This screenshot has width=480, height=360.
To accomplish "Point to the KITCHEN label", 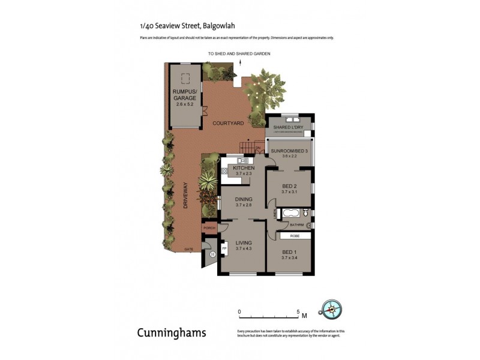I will [x=244, y=168].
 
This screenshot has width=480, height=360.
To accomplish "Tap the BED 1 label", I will [x=289, y=251].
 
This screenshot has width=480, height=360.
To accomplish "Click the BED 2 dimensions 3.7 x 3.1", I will [x=289, y=192].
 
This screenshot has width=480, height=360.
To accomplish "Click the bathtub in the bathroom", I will [x=292, y=212].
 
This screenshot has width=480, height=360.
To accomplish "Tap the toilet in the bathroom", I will [x=306, y=212].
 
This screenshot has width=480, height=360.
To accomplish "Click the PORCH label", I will [x=209, y=228].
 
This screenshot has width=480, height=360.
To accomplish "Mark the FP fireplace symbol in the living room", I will [x=224, y=247].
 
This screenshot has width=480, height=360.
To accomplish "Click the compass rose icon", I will [x=331, y=309].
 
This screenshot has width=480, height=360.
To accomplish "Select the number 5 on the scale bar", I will [x=298, y=311].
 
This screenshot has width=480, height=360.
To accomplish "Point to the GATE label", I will [x=188, y=248].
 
